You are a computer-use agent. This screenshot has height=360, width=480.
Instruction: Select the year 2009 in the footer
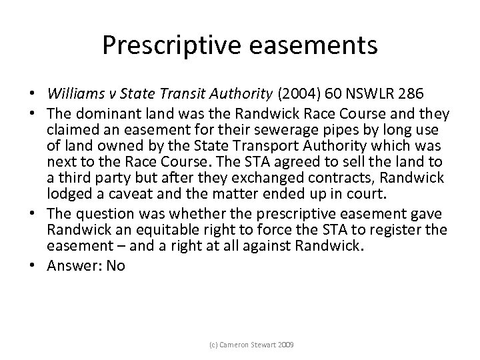pos(288,345)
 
